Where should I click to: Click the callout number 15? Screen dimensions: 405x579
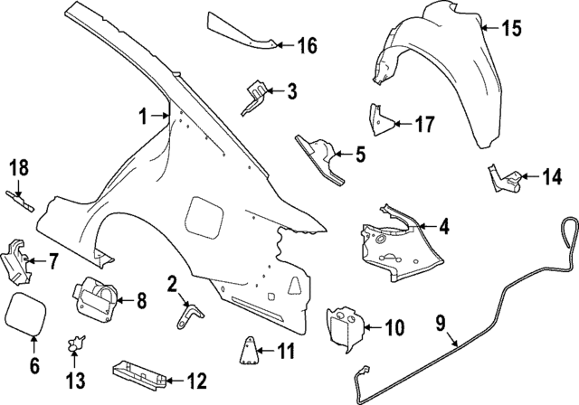[511, 29]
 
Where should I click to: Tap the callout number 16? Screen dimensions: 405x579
[307, 44]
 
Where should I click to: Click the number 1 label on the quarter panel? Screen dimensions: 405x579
[142, 116]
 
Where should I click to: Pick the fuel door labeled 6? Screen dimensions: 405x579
[26, 315]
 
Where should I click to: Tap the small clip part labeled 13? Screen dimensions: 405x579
[77, 344]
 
